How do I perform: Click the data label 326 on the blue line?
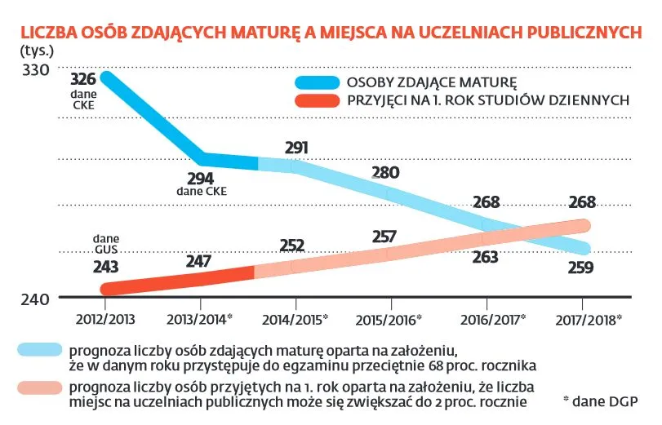click(83, 80)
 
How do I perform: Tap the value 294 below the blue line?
click(201, 178)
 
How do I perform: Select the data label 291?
click(296, 148)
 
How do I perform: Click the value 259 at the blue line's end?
click(580, 266)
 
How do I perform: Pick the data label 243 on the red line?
click(106, 267)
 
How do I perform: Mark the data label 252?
click(291, 246)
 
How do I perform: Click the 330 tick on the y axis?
click(36, 70)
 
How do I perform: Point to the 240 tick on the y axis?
click(36, 299)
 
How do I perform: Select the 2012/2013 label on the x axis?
click(105, 317)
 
